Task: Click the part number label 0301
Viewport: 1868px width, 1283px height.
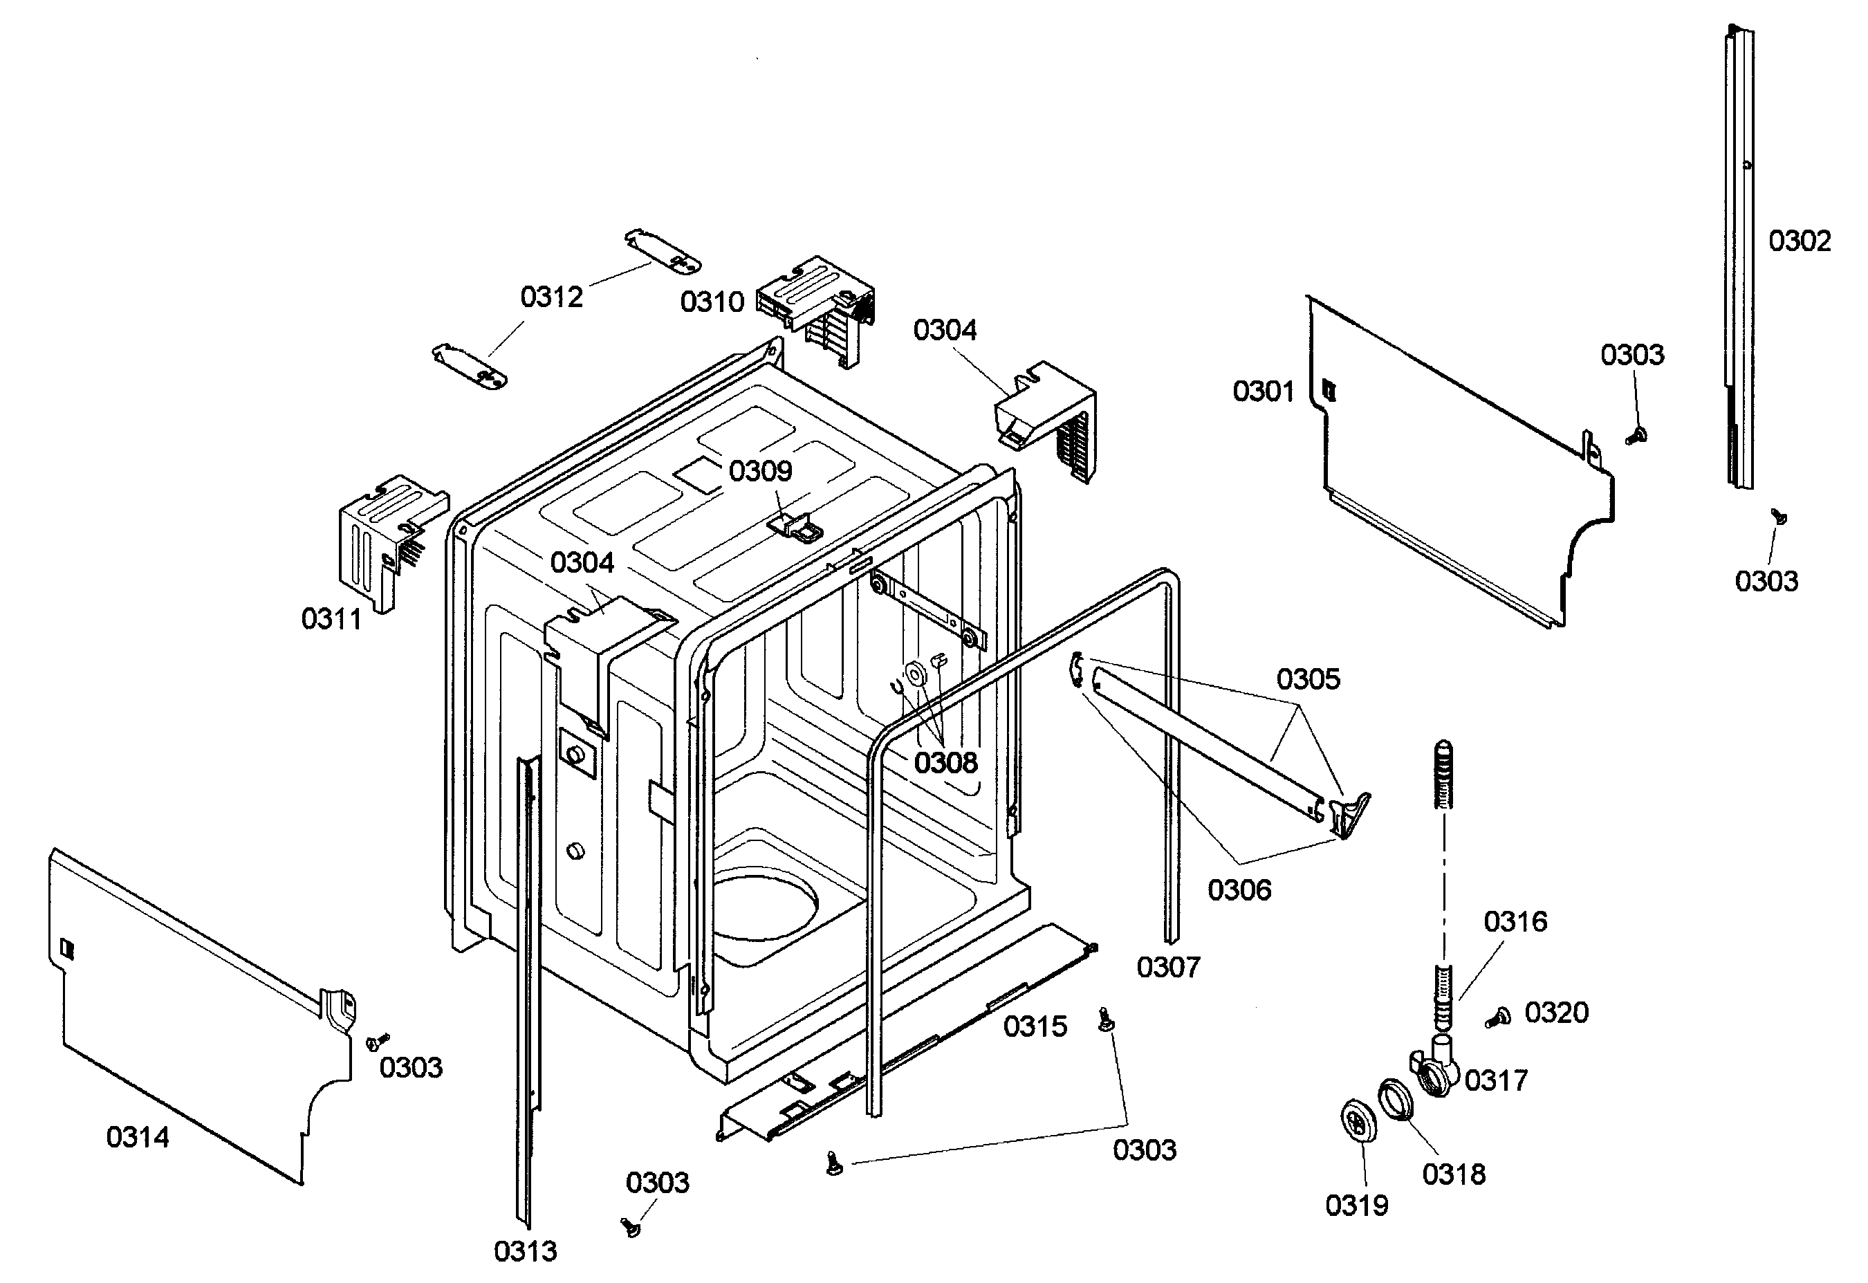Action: click(x=1264, y=392)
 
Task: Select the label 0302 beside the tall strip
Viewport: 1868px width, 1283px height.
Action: click(x=1799, y=241)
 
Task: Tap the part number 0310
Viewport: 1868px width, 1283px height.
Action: click(x=712, y=302)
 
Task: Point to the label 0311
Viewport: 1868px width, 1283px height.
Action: click(x=331, y=619)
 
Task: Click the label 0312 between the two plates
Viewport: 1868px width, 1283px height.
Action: click(x=551, y=297)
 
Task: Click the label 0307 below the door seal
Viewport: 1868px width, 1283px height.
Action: click(x=1168, y=966)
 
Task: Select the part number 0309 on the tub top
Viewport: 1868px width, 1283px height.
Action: click(x=760, y=470)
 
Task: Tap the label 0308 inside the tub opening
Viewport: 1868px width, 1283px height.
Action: click(x=945, y=762)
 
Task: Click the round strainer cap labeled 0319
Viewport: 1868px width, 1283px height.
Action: click(x=1358, y=1123)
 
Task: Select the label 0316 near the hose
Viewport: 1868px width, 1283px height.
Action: click(x=1515, y=921)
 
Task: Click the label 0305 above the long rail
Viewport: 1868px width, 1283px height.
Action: click(x=1308, y=679)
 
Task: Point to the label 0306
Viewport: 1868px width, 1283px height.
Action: click(x=1239, y=890)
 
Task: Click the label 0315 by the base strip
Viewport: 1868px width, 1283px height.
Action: click(x=1035, y=1026)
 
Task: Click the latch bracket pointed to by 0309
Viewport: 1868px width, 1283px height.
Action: click(x=797, y=526)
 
